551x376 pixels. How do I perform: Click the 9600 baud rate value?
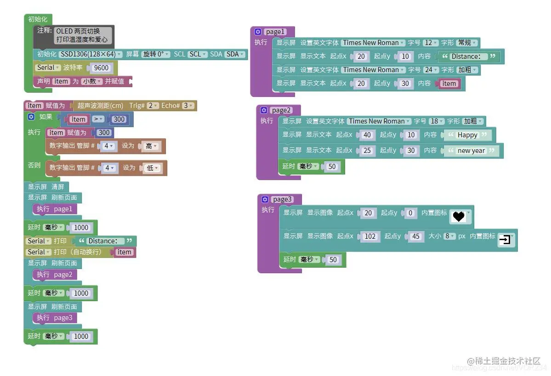pos(101,68)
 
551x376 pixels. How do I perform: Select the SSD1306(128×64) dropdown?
pos(91,54)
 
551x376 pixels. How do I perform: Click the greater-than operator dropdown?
pos(98,119)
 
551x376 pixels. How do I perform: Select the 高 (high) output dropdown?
pos(151,146)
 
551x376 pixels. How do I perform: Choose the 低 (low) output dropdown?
pos(152,168)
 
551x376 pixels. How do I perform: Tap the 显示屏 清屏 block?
pos(46,187)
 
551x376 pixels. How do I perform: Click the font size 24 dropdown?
pos(430,70)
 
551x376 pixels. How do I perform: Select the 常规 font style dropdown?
pos(466,43)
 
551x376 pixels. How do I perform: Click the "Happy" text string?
pos(467,135)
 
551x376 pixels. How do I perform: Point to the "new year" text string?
pos(471,151)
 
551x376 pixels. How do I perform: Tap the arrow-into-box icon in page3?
pos(505,240)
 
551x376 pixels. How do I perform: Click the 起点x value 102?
pos(369,236)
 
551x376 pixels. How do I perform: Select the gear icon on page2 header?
pos(264,110)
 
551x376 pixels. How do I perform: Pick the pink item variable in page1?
pos(449,84)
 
